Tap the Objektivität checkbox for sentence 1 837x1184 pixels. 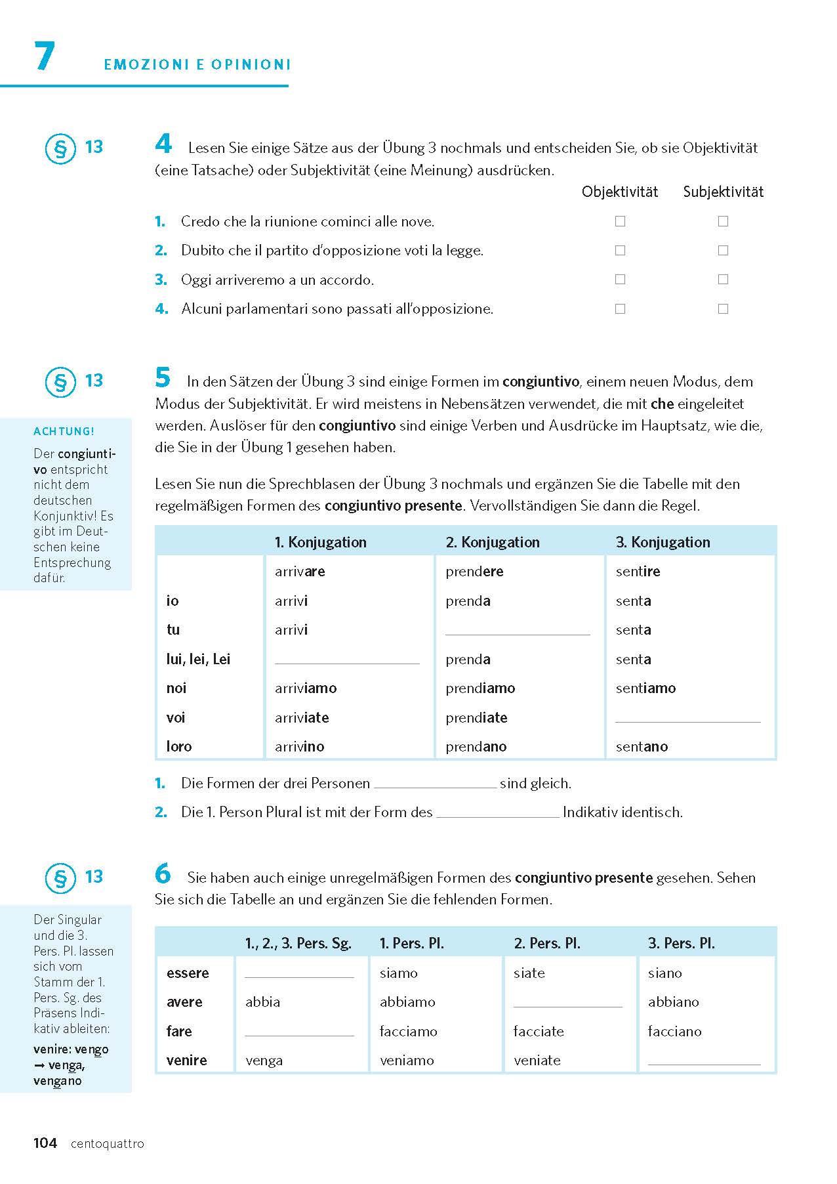[x=620, y=222]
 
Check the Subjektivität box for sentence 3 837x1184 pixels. [x=723, y=280]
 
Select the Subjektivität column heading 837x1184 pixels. [x=723, y=192]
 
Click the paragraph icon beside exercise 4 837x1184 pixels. [x=60, y=149]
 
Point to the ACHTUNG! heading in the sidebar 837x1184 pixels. [x=64, y=431]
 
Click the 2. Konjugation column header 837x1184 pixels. [x=493, y=542]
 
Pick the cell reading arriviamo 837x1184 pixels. [x=306, y=688]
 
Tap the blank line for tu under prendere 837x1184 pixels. [x=518, y=630]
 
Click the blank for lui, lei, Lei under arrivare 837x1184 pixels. [x=347, y=659]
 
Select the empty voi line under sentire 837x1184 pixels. [x=687, y=717]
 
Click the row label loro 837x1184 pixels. [x=179, y=747]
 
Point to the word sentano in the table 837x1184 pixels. [x=642, y=747]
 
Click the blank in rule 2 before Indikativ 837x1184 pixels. [x=497, y=813]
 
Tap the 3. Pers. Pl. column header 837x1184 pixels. [x=681, y=944]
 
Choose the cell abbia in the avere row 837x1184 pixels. [x=263, y=1002]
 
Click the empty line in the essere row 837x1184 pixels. [x=299, y=973]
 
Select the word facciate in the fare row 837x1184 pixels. [x=539, y=1032]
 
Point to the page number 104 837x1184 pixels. [x=45, y=1143]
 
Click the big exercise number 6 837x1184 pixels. [x=163, y=874]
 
